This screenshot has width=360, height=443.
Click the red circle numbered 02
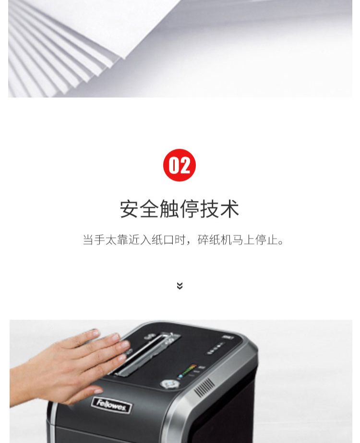[x=180, y=165]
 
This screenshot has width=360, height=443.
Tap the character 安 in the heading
[x=130, y=209]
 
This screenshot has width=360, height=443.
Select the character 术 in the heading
[x=230, y=209]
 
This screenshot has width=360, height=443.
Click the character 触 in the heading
[x=169, y=209]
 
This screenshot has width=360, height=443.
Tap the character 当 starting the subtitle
[x=88, y=239]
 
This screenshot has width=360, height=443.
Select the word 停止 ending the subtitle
[x=266, y=239]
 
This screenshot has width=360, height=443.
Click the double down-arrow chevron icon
[x=180, y=286]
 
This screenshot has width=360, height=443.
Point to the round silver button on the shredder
[x=170, y=383]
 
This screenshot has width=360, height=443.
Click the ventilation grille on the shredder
[x=204, y=388]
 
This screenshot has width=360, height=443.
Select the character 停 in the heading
[x=190, y=209]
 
